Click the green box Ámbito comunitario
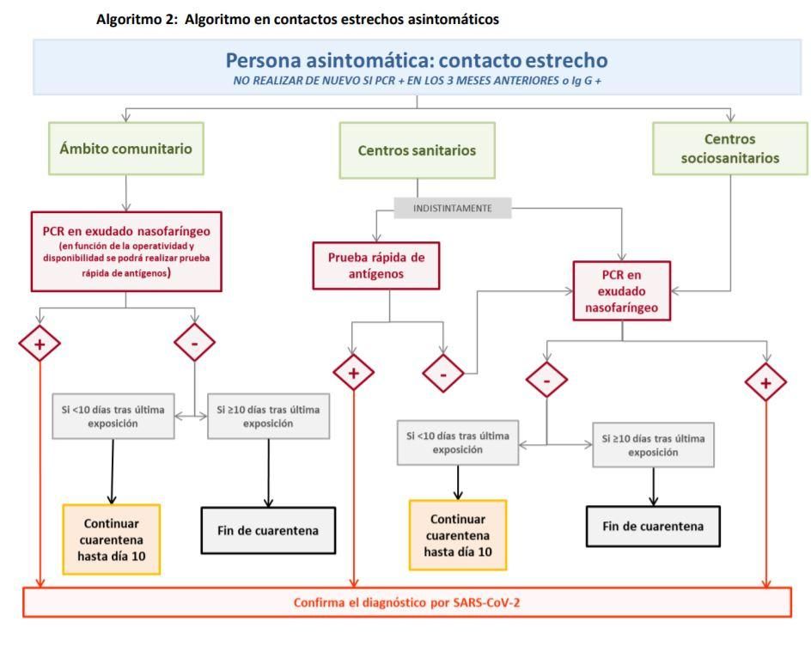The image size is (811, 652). (126, 148)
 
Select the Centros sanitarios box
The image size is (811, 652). (417, 150)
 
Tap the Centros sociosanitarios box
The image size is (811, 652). (729, 147)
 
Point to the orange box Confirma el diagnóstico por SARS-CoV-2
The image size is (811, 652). (406, 602)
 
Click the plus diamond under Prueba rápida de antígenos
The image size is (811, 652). (354, 374)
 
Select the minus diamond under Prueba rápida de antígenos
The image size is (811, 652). (443, 374)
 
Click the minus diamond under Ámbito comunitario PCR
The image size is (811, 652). (195, 344)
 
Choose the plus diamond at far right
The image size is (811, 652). (765, 382)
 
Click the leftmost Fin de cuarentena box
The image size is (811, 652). (268, 530)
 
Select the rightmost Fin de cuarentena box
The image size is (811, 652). (652, 527)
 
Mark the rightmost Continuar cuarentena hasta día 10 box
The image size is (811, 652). (458, 535)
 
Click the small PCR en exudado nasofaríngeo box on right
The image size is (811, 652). (623, 291)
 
